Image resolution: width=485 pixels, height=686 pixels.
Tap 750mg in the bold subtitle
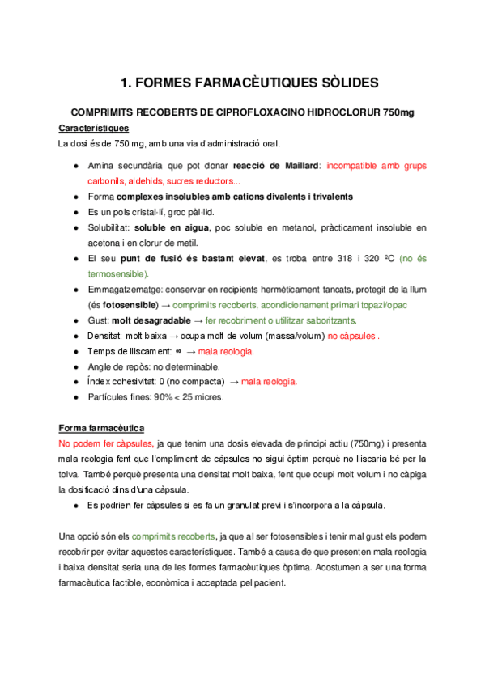click(x=398, y=112)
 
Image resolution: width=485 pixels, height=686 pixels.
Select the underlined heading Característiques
click(x=94, y=128)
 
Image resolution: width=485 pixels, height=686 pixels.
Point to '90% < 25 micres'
click(x=189, y=397)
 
